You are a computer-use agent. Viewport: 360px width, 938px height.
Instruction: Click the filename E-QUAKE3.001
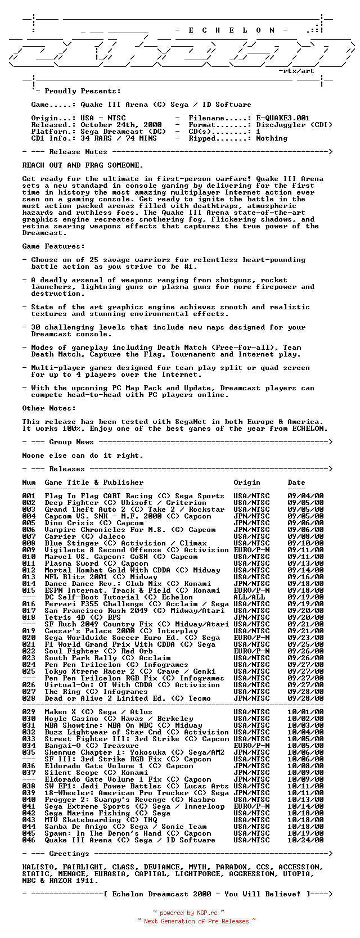(283, 118)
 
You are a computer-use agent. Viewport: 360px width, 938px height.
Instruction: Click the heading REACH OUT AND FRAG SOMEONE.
(83, 165)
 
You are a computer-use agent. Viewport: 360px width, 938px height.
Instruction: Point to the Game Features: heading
(53, 246)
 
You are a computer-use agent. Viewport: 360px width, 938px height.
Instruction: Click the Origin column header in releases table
(247, 482)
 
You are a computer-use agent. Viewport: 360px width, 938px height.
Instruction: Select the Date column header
(296, 482)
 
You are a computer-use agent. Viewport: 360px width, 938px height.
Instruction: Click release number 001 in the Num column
(29, 496)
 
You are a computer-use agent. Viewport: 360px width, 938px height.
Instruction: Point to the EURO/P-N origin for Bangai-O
(251, 746)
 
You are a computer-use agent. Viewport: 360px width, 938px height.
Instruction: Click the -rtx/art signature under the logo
(296, 71)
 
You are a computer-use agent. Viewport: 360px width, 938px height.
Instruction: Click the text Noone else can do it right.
(83, 456)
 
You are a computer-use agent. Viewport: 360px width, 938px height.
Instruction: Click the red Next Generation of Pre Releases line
(196, 921)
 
